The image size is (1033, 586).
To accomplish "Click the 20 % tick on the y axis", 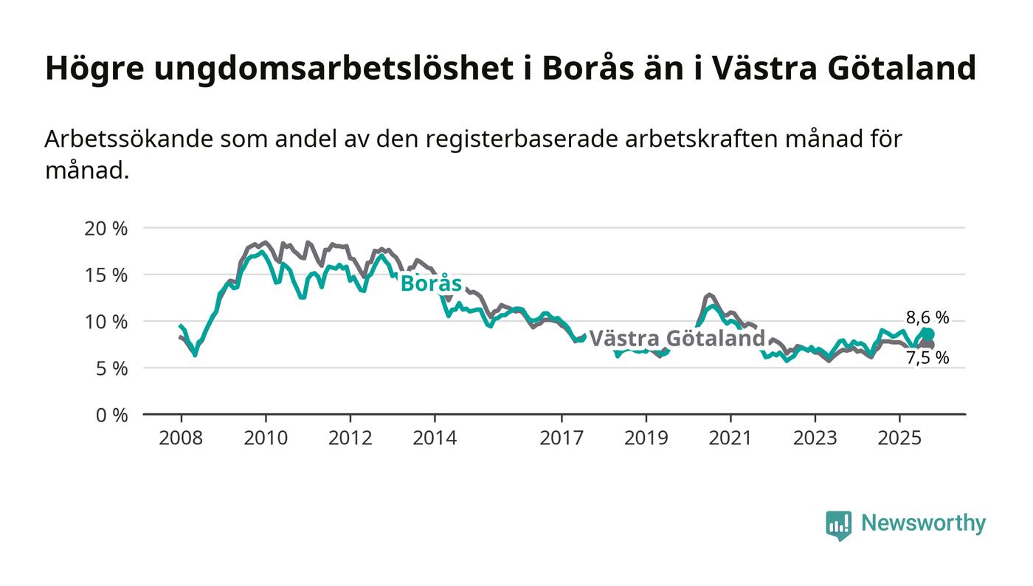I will (x=106, y=228).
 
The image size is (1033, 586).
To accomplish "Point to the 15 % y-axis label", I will (x=106, y=275).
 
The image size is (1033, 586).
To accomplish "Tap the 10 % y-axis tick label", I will (x=106, y=321).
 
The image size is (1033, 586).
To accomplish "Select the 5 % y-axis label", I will (x=111, y=368).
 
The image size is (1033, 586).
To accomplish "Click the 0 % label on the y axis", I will (x=111, y=415).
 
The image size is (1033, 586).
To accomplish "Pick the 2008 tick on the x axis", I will (x=181, y=438).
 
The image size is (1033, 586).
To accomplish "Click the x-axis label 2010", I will (x=266, y=438).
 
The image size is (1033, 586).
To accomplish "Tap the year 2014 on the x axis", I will (x=435, y=438).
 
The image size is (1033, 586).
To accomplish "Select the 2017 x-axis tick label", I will (x=562, y=438).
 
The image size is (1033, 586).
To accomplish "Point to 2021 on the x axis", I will (x=730, y=438).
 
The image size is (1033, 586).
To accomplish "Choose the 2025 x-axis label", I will (x=899, y=438).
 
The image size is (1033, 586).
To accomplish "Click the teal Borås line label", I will (x=431, y=283).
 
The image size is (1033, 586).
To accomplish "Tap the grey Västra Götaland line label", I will (x=677, y=339).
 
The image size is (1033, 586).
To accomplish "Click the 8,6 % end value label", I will (x=927, y=318).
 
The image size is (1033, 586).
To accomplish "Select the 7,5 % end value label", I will (x=927, y=358).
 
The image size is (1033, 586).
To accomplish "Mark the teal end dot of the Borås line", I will (x=927, y=334).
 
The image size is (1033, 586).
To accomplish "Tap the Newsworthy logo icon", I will (x=838, y=525).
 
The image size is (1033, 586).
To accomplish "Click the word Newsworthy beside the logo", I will (x=923, y=523).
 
